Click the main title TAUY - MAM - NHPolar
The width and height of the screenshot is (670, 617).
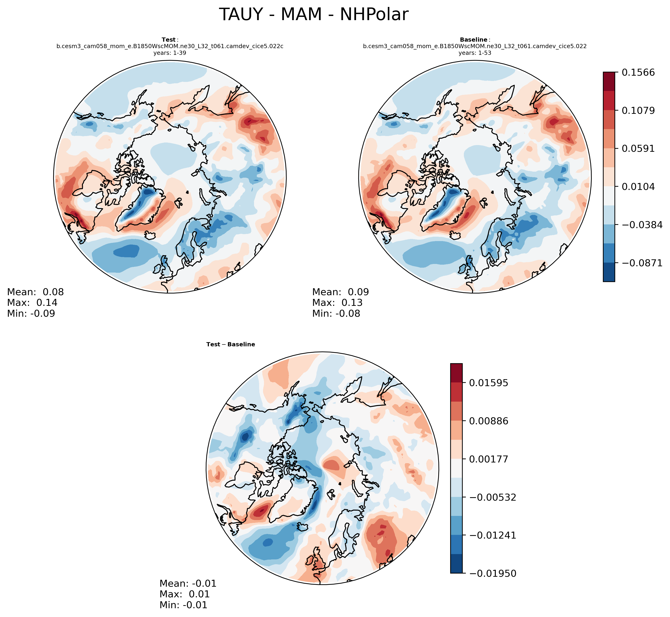pyautogui.click(x=313, y=15)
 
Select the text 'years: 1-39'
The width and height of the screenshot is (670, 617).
pyautogui.click(x=170, y=53)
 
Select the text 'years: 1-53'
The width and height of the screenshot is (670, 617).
pyautogui.click(x=475, y=53)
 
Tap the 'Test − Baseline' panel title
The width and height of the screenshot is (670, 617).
pyautogui.click(x=230, y=344)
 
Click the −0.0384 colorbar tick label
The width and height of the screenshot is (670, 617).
pyautogui.click(x=642, y=225)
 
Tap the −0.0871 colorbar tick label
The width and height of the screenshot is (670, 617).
pyautogui.click(x=642, y=263)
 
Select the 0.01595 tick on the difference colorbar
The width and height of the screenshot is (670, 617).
pyautogui.click(x=489, y=383)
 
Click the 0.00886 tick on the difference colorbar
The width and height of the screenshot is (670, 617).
pyautogui.click(x=489, y=421)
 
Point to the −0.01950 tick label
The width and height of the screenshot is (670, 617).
pyautogui.click(x=492, y=574)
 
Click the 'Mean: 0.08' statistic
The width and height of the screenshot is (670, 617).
pyautogui.click(x=35, y=292)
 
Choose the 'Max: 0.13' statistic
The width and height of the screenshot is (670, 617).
pyautogui.click(x=337, y=303)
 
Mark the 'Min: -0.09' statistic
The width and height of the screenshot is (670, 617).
pyautogui.click(x=31, y=313)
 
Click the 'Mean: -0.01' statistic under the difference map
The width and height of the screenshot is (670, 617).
pyautogui.click(x=188, y=584)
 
